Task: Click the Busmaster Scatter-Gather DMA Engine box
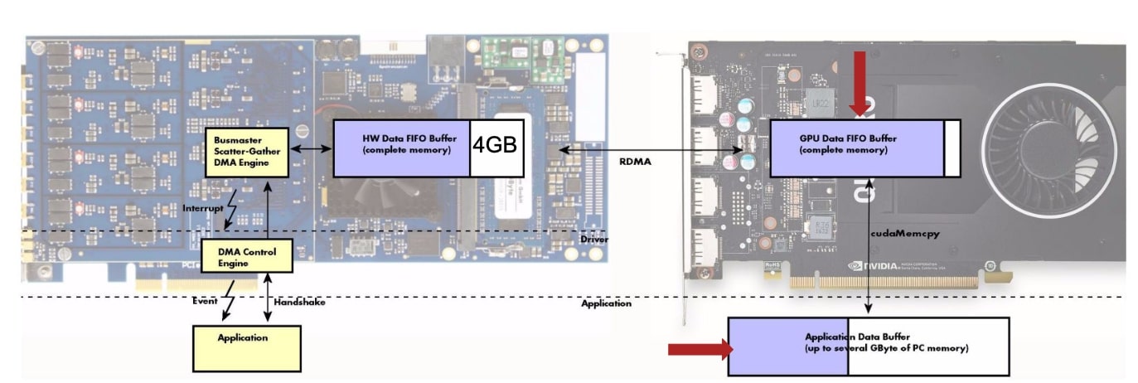click(x=247, y=152)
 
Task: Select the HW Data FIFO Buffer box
click(x=402, y=148)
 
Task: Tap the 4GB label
click(x=496, y=145)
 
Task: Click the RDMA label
click(x=636, y=162)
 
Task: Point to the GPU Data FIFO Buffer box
click(x=857, y=148)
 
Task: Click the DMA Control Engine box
click(x=247, y=256)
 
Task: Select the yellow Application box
click(x=246, y=347)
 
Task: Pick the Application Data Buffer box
click(x=868, y=347)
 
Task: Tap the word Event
click(x=204, y=302)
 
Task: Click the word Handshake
click(x=299, y=303)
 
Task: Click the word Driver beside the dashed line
click(x=593, y=239)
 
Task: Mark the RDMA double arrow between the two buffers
click(x=650, y=150)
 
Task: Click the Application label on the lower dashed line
click(x=606, y=303)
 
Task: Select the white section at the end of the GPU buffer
click(x=952, y=148)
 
